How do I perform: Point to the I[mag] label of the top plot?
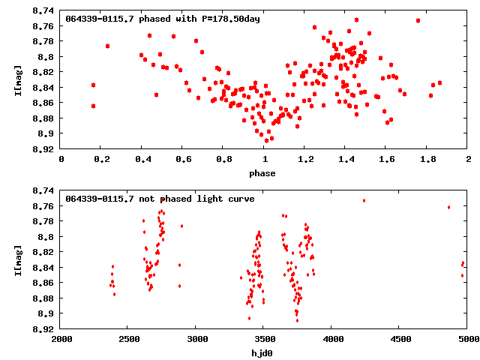coord(19,80)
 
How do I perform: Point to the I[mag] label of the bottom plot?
coord(19,260)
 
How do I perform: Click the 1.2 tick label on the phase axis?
coord(305,160)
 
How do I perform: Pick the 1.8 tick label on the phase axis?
coord(427,160)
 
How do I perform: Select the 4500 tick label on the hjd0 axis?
coord(400,340)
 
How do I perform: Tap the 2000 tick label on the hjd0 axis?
coord(61,340)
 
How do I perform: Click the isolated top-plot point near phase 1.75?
coord(418,21)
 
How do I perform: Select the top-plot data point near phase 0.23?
coord(108,46)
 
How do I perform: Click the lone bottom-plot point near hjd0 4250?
coord(364,200)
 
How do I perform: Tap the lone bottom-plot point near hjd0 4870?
coord(448,207)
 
